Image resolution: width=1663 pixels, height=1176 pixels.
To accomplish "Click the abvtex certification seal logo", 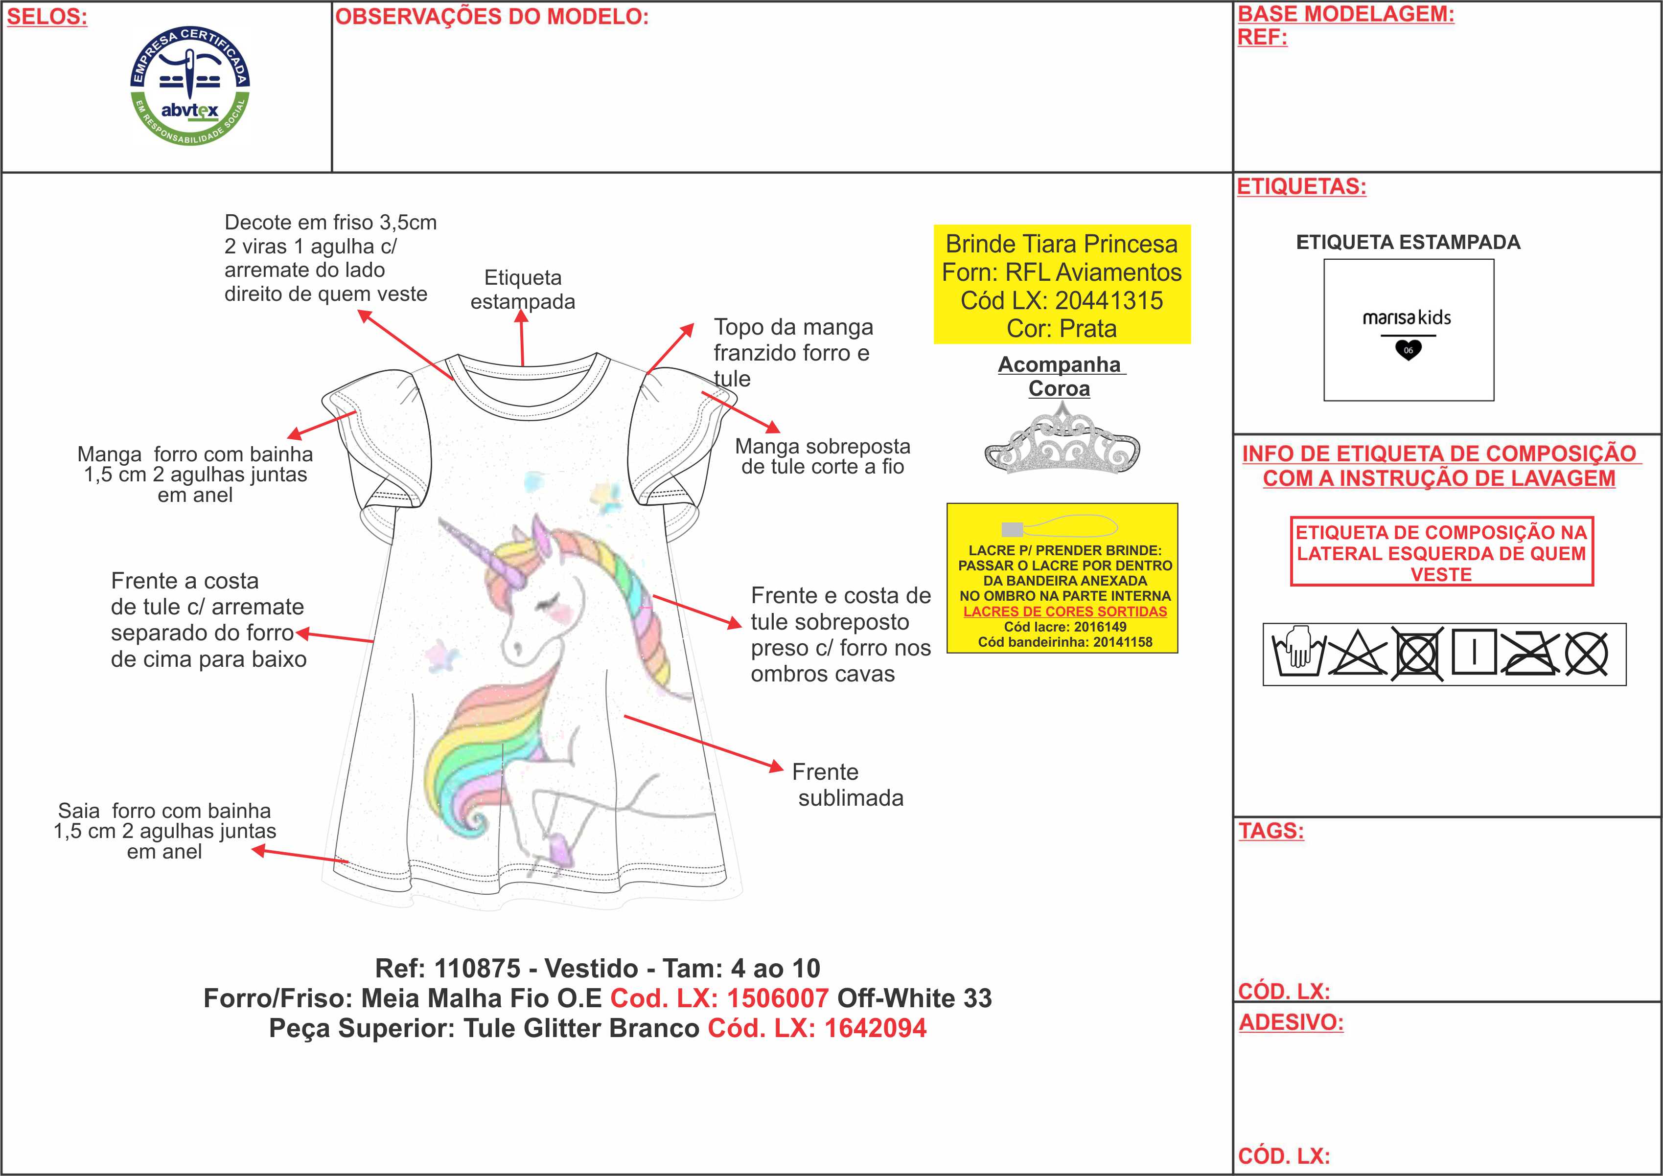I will [x=190, y=86].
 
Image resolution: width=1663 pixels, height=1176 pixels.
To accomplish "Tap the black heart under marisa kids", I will [x=1408, y=350].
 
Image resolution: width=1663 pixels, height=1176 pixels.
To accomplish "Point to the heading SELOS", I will [x=47, y=18].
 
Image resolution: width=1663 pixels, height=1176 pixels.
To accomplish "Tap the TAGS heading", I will [x=1270, y=831].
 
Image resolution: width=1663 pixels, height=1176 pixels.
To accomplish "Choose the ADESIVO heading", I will [x=1291, y=1022].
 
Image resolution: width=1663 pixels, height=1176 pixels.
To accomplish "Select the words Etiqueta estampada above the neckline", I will [x=523, y=289].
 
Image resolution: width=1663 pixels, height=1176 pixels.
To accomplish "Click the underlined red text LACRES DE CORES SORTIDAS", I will [x=1065, y=611].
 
